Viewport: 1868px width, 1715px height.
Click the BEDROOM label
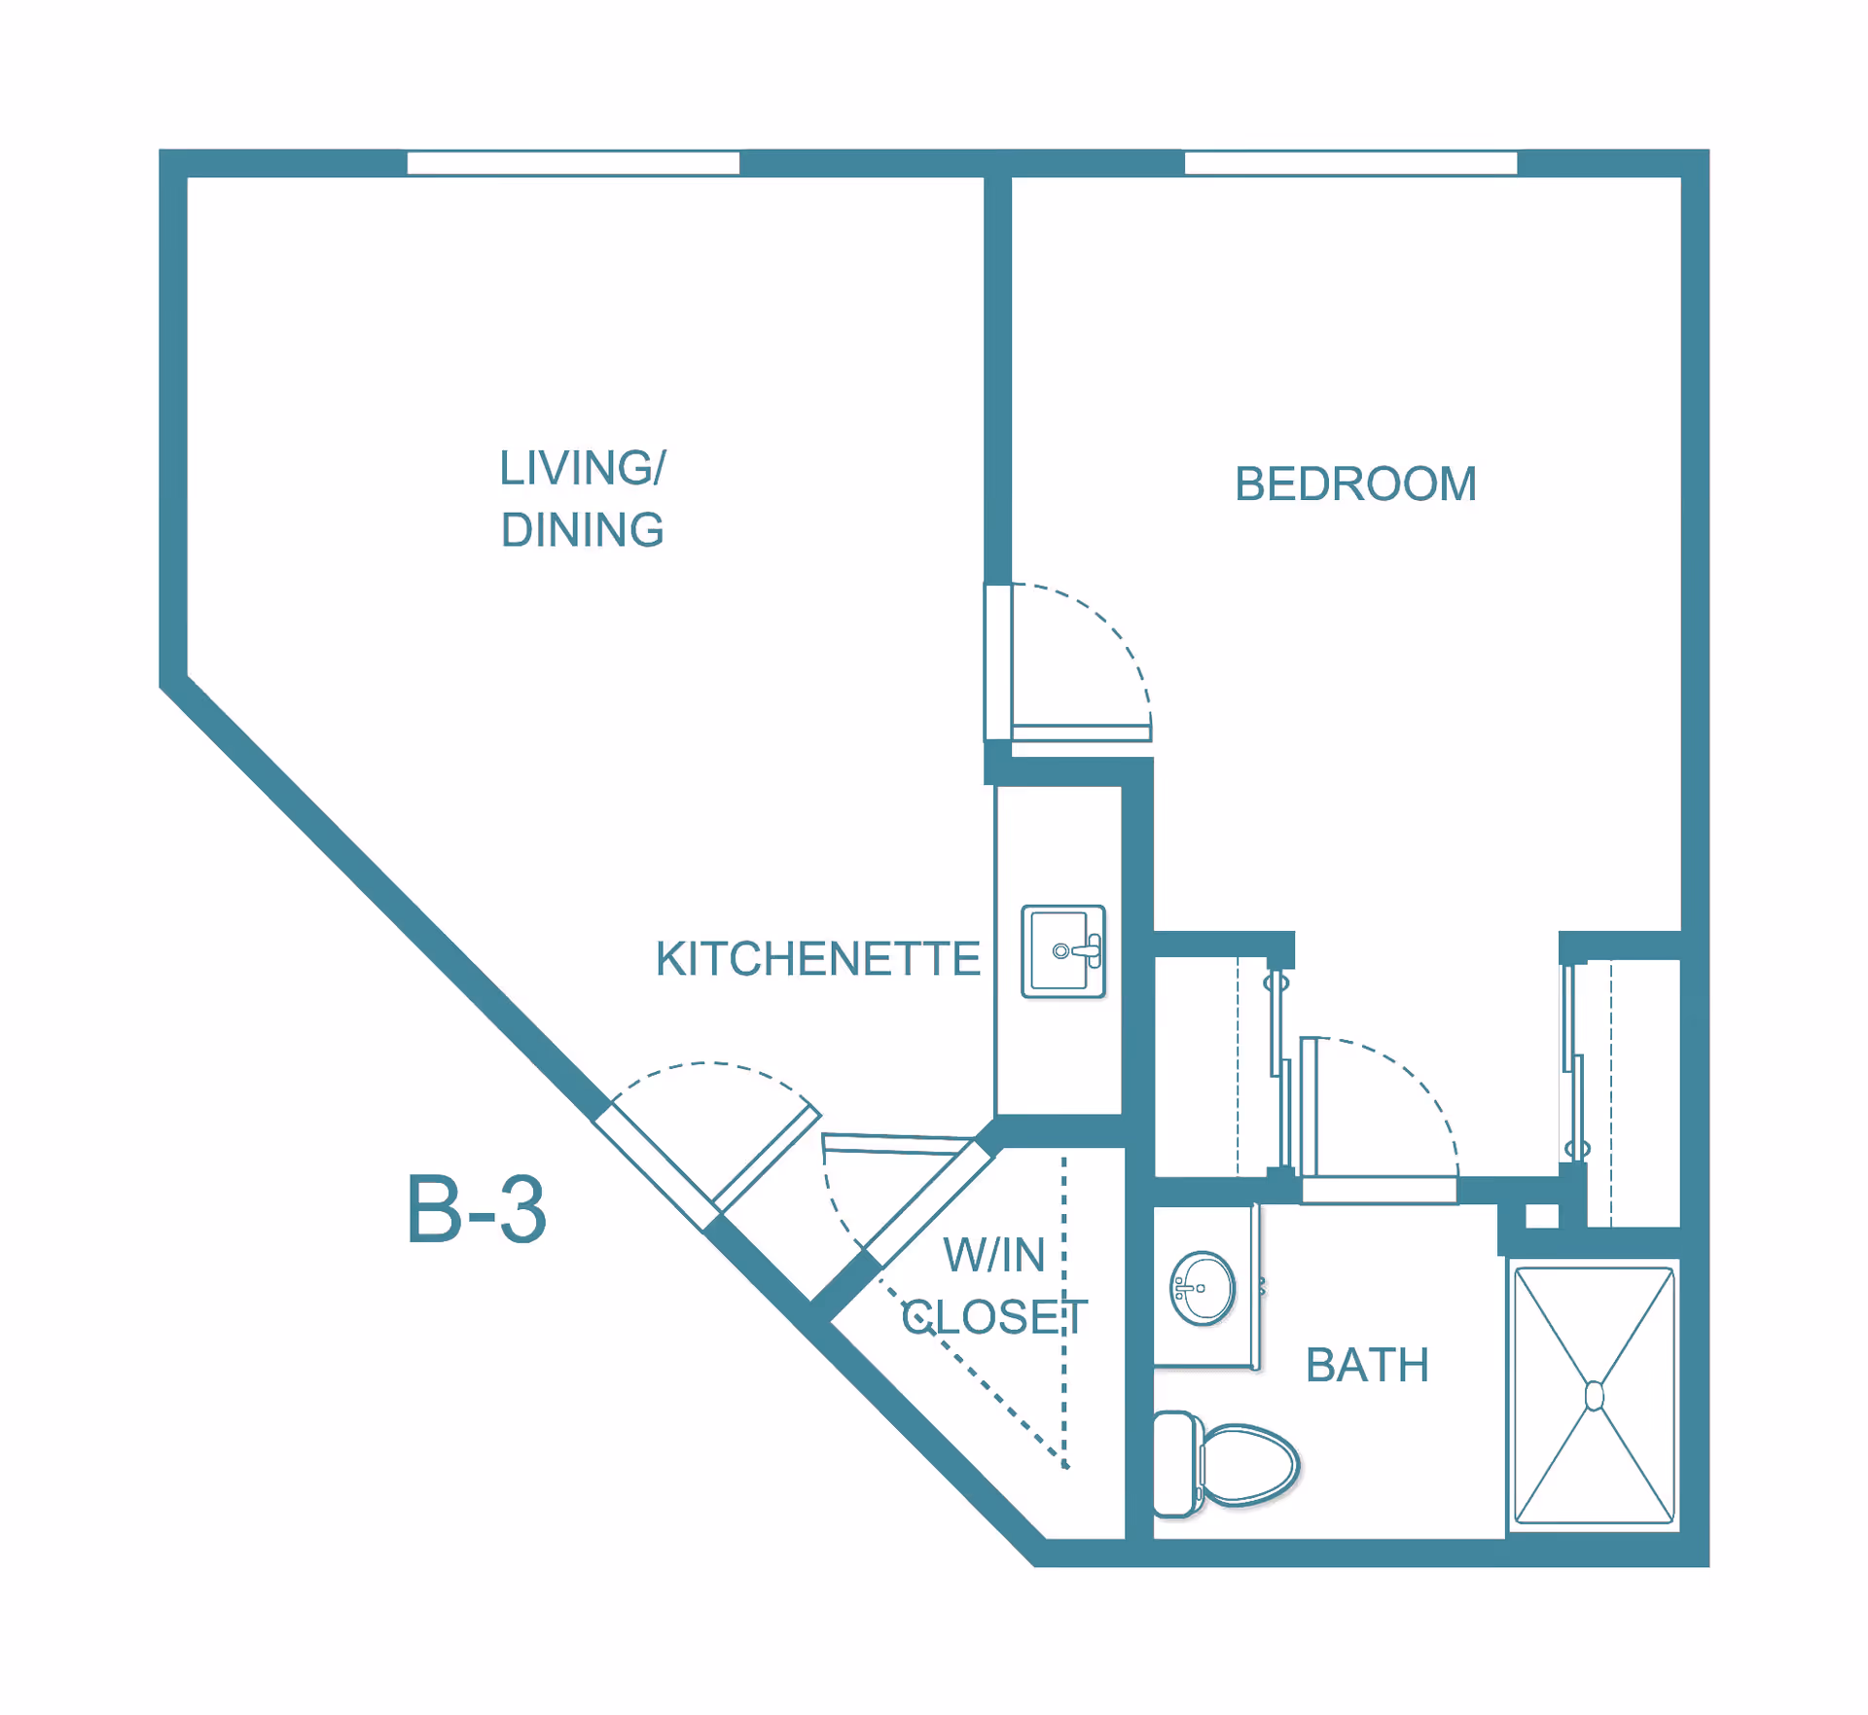click(1354, 483)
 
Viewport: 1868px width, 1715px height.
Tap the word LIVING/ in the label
click(582, 468)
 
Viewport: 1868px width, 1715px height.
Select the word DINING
click(582, 530)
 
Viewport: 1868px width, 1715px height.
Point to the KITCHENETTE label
click(817, 959)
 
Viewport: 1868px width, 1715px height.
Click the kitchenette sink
click(1062, 951)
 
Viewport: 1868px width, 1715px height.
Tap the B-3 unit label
click(476, 1210)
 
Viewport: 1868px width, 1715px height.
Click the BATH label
click(1367, 1365)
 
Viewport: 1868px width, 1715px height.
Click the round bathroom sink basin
click(1203, 1288)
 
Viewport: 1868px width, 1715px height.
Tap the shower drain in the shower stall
click(1594, 1396)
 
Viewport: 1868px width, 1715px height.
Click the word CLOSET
click(994, 1317)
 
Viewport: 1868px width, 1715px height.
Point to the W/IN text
click(994, 1255)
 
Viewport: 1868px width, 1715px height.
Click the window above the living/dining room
click(573, 162)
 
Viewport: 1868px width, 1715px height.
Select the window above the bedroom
click(1350, 162)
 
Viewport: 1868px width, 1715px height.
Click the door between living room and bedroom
click(1081, 732)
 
